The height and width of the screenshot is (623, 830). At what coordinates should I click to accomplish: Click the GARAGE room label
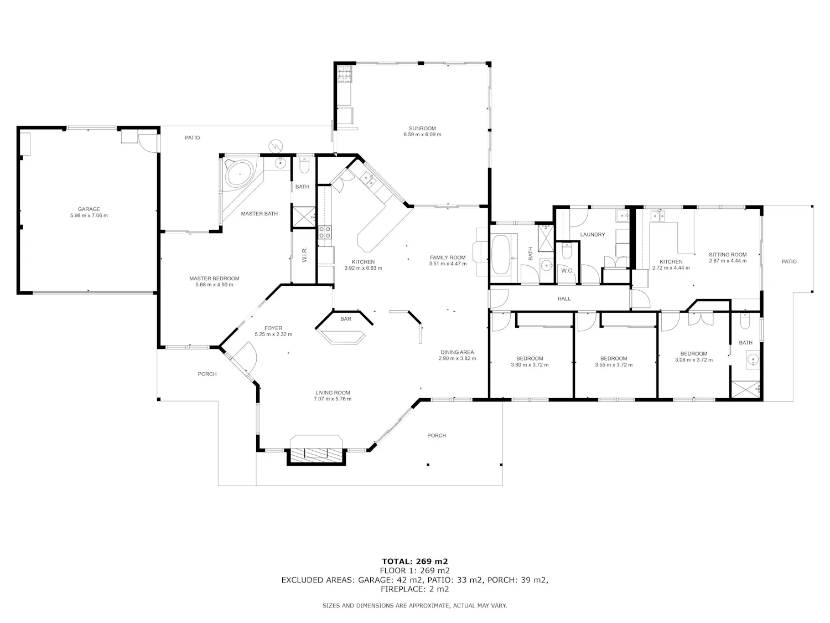89,209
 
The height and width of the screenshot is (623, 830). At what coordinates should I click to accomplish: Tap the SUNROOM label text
422,128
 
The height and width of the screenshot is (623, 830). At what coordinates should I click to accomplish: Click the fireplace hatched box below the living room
316,454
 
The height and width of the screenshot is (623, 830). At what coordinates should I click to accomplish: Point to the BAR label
346,319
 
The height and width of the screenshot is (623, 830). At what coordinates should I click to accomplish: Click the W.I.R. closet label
304,255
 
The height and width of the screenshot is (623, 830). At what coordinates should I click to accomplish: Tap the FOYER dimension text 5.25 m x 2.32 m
273,334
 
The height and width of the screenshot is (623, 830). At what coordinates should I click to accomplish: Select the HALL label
564,299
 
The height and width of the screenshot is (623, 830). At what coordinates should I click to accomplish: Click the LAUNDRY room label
593,234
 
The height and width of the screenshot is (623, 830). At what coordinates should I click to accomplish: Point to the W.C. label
567,271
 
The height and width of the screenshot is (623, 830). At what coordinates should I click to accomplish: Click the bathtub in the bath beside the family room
501,255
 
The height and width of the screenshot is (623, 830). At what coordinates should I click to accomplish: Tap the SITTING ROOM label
728,255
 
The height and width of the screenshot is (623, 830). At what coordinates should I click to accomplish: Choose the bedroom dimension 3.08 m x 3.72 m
694,360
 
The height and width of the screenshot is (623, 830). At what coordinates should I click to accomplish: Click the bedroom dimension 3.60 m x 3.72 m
530,365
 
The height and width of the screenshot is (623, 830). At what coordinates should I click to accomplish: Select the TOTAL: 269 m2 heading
415,562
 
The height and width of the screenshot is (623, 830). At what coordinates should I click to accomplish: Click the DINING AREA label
457,352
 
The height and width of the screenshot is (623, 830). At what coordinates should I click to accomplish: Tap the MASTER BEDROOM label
214,279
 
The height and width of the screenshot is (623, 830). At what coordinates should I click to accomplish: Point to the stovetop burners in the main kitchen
325,232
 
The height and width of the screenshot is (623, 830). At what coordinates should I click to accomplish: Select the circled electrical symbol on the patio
275,146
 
